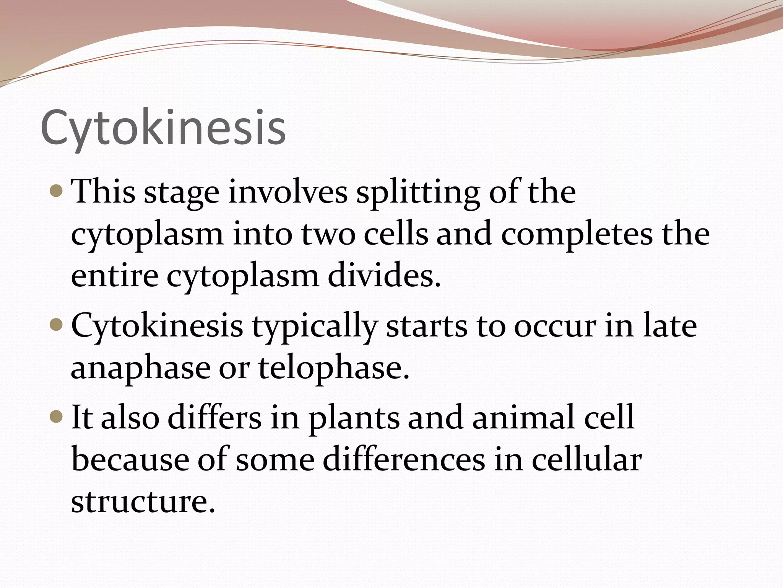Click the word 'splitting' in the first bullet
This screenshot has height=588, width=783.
[418, 193]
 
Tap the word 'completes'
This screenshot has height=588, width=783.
[577, 235]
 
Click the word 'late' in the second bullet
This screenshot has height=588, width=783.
[669, 326]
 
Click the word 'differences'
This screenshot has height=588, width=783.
[404, 460]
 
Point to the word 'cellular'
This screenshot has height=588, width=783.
[586, 460]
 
